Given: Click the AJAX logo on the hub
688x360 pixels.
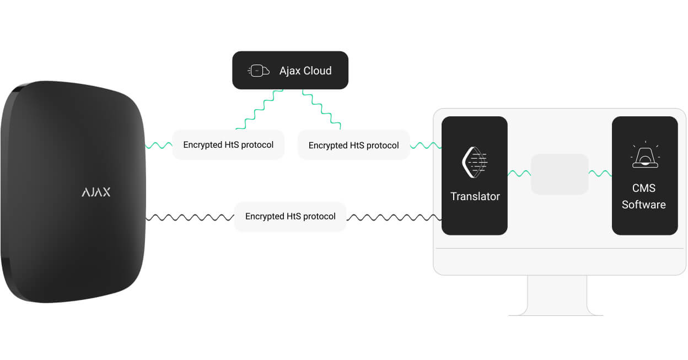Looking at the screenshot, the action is [x=96, y=192].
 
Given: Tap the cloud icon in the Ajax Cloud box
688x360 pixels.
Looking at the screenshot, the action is [x=259, y=71].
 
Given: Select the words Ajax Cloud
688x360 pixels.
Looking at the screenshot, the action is [x=305, y=71].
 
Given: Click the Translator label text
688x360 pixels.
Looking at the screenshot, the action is [x=475, y=196].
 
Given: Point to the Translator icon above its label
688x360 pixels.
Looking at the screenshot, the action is [x=475, y=162].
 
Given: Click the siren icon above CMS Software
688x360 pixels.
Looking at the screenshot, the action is [x=645, y=154].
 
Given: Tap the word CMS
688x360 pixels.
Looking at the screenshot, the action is [x=644, y=188].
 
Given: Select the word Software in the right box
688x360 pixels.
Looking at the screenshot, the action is [x=644, y=205].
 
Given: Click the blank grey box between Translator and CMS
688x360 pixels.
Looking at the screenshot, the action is [x=560, y=174].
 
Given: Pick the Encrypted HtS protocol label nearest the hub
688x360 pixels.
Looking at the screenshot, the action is [x=228, y=144].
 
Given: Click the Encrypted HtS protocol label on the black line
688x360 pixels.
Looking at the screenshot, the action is [x=290, y=216].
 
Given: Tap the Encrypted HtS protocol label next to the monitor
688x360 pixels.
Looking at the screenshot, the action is [x=354, y=146].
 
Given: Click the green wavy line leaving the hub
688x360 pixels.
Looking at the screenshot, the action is [x=159, y=146].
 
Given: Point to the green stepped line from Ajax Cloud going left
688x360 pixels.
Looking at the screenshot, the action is [x=259, y=110].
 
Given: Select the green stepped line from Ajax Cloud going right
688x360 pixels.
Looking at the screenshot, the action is [x=321, y=109].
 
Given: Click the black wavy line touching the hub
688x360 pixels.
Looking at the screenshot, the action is [x=190, y=217].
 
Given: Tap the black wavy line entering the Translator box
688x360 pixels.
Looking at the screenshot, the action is [x=394, y=217].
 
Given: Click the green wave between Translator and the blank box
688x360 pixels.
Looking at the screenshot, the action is [x=519, y=174].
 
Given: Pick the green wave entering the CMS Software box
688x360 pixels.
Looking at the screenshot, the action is [x=600, y=174].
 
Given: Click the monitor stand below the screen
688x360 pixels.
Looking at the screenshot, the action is [x=557, y=295].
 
